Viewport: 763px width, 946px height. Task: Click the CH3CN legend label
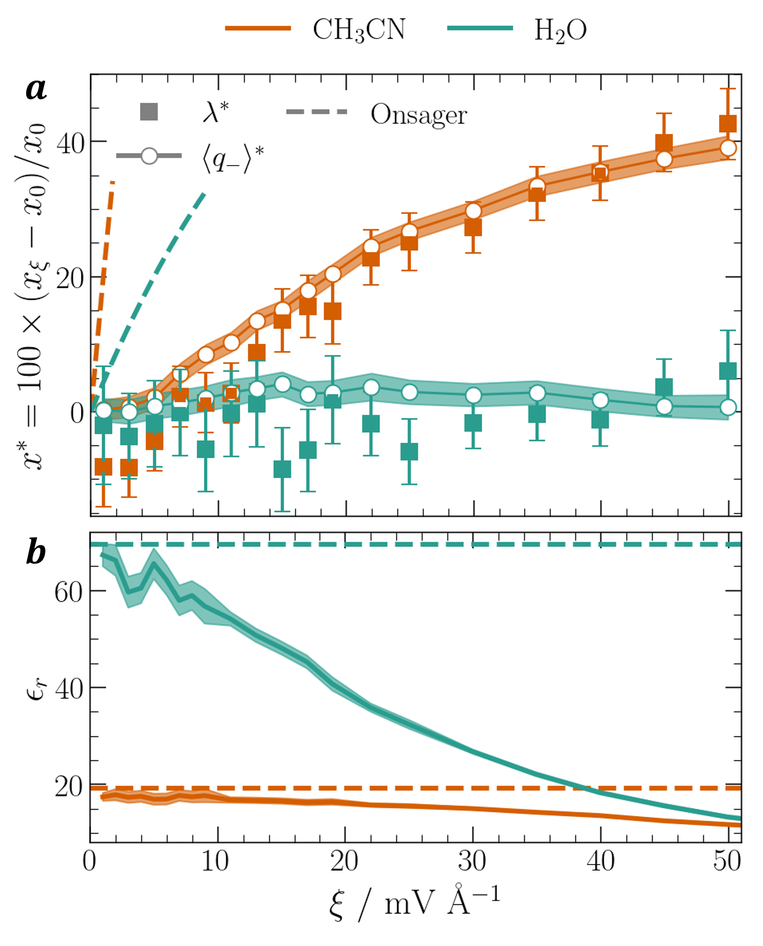click(359, 30)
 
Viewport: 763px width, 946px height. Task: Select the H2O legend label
click(560, 31)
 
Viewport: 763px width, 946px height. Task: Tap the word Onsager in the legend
click(419, 115)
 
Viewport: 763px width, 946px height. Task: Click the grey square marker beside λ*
click(149, 112)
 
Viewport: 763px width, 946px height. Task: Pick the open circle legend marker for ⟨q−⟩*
click(149, 156)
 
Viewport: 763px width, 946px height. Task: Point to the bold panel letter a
click(36, 89)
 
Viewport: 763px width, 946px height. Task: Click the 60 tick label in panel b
click(69, 592)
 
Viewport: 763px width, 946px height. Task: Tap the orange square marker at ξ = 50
click(728, 124)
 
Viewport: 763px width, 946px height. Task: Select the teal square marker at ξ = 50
click(728, 371)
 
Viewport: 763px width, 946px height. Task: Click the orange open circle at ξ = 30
click(473, 211)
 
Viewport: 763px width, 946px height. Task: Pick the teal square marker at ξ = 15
click(282, 469)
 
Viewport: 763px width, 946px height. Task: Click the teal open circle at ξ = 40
click(600, 400)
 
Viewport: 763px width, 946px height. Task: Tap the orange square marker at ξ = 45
click(664, 143)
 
